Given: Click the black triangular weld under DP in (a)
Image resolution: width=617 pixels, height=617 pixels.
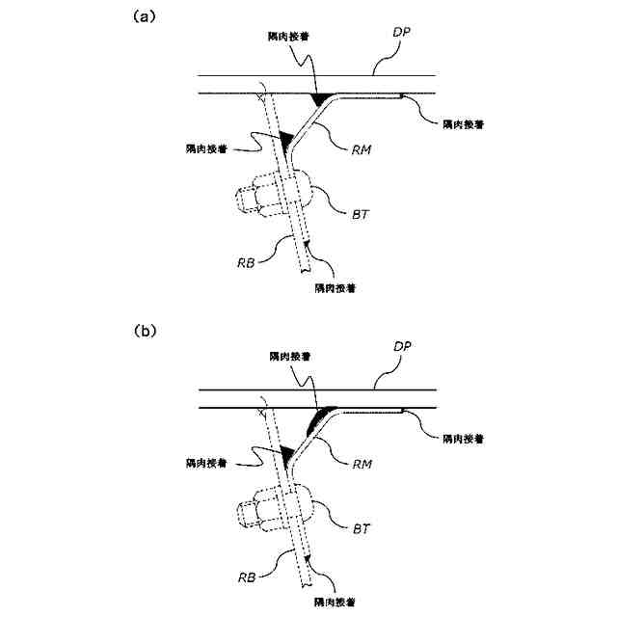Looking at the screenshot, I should coord(318,99).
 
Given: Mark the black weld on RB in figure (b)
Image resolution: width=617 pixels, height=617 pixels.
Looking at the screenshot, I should coord(286,451).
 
